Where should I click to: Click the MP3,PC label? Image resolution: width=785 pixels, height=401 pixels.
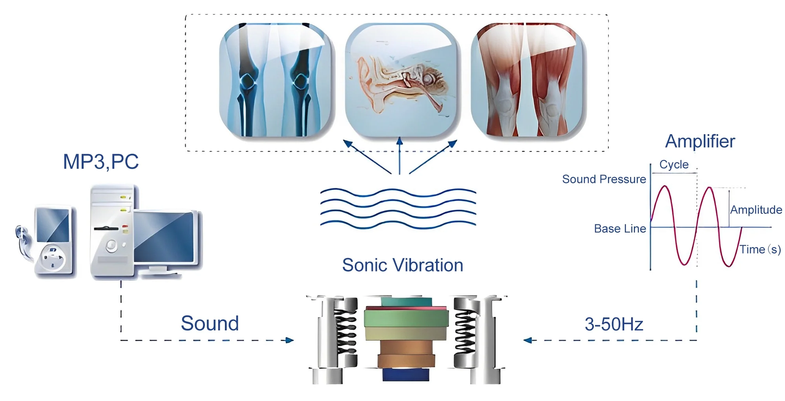point(101,162)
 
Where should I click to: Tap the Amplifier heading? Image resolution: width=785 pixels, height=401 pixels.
point(700,141)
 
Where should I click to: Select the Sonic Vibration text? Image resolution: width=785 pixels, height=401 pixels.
point(402,265)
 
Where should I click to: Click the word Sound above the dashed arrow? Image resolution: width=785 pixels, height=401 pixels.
point(210,323)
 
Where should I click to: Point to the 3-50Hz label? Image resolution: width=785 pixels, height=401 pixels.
point(614,324)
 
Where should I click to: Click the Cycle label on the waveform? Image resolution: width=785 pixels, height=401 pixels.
point(674,164)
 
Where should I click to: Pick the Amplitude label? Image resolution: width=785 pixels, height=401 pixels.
point(756,210)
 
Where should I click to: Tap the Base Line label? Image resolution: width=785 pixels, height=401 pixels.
point(620,229)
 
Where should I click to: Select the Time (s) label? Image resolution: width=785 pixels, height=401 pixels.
point(760,250)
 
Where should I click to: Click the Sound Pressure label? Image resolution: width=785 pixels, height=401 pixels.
point(604,179)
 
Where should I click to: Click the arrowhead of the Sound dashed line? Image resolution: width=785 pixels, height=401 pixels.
point(290,340)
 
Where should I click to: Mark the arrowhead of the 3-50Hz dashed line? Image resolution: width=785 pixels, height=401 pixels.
point(528,340)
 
